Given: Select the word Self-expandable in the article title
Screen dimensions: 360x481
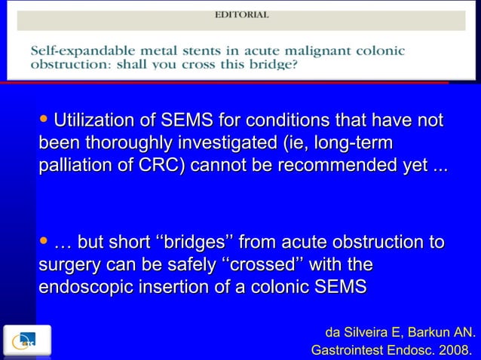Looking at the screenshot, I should [75, 51].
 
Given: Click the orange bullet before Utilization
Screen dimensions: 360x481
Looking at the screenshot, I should [43, 119].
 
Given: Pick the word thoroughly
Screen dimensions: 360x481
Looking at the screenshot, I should [157, 142].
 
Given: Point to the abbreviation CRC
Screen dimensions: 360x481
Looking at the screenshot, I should [161, 165].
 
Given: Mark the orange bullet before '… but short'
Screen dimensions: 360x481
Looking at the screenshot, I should [43, 241].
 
